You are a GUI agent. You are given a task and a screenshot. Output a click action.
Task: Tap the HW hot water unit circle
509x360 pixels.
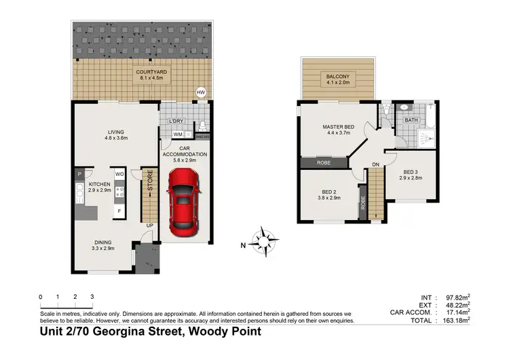200,92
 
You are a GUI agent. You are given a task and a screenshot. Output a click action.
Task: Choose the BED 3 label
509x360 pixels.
413,171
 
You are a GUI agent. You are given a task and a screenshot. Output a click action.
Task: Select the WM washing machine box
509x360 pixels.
177,134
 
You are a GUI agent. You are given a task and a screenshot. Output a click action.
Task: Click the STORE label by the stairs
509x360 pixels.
151,183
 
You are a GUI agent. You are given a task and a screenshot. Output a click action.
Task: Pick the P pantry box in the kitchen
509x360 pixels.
79,174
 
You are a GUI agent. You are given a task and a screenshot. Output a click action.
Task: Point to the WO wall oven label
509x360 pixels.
119,174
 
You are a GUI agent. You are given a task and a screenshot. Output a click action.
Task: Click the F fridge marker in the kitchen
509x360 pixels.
119,211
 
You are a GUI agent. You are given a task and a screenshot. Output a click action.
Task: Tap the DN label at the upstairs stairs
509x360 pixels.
376,164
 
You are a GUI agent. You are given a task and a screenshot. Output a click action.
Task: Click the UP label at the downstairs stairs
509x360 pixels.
149,226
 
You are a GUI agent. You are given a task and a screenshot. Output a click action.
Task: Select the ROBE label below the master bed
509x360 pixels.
324,163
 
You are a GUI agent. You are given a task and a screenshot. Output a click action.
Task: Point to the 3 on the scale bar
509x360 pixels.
92,297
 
